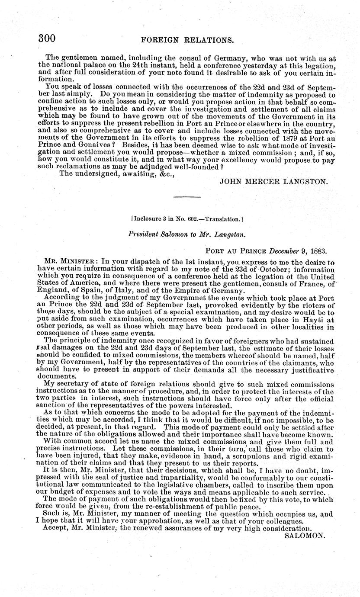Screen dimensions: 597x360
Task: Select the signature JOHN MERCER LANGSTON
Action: point(274,182)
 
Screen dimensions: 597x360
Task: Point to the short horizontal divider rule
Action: point(186,197)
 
